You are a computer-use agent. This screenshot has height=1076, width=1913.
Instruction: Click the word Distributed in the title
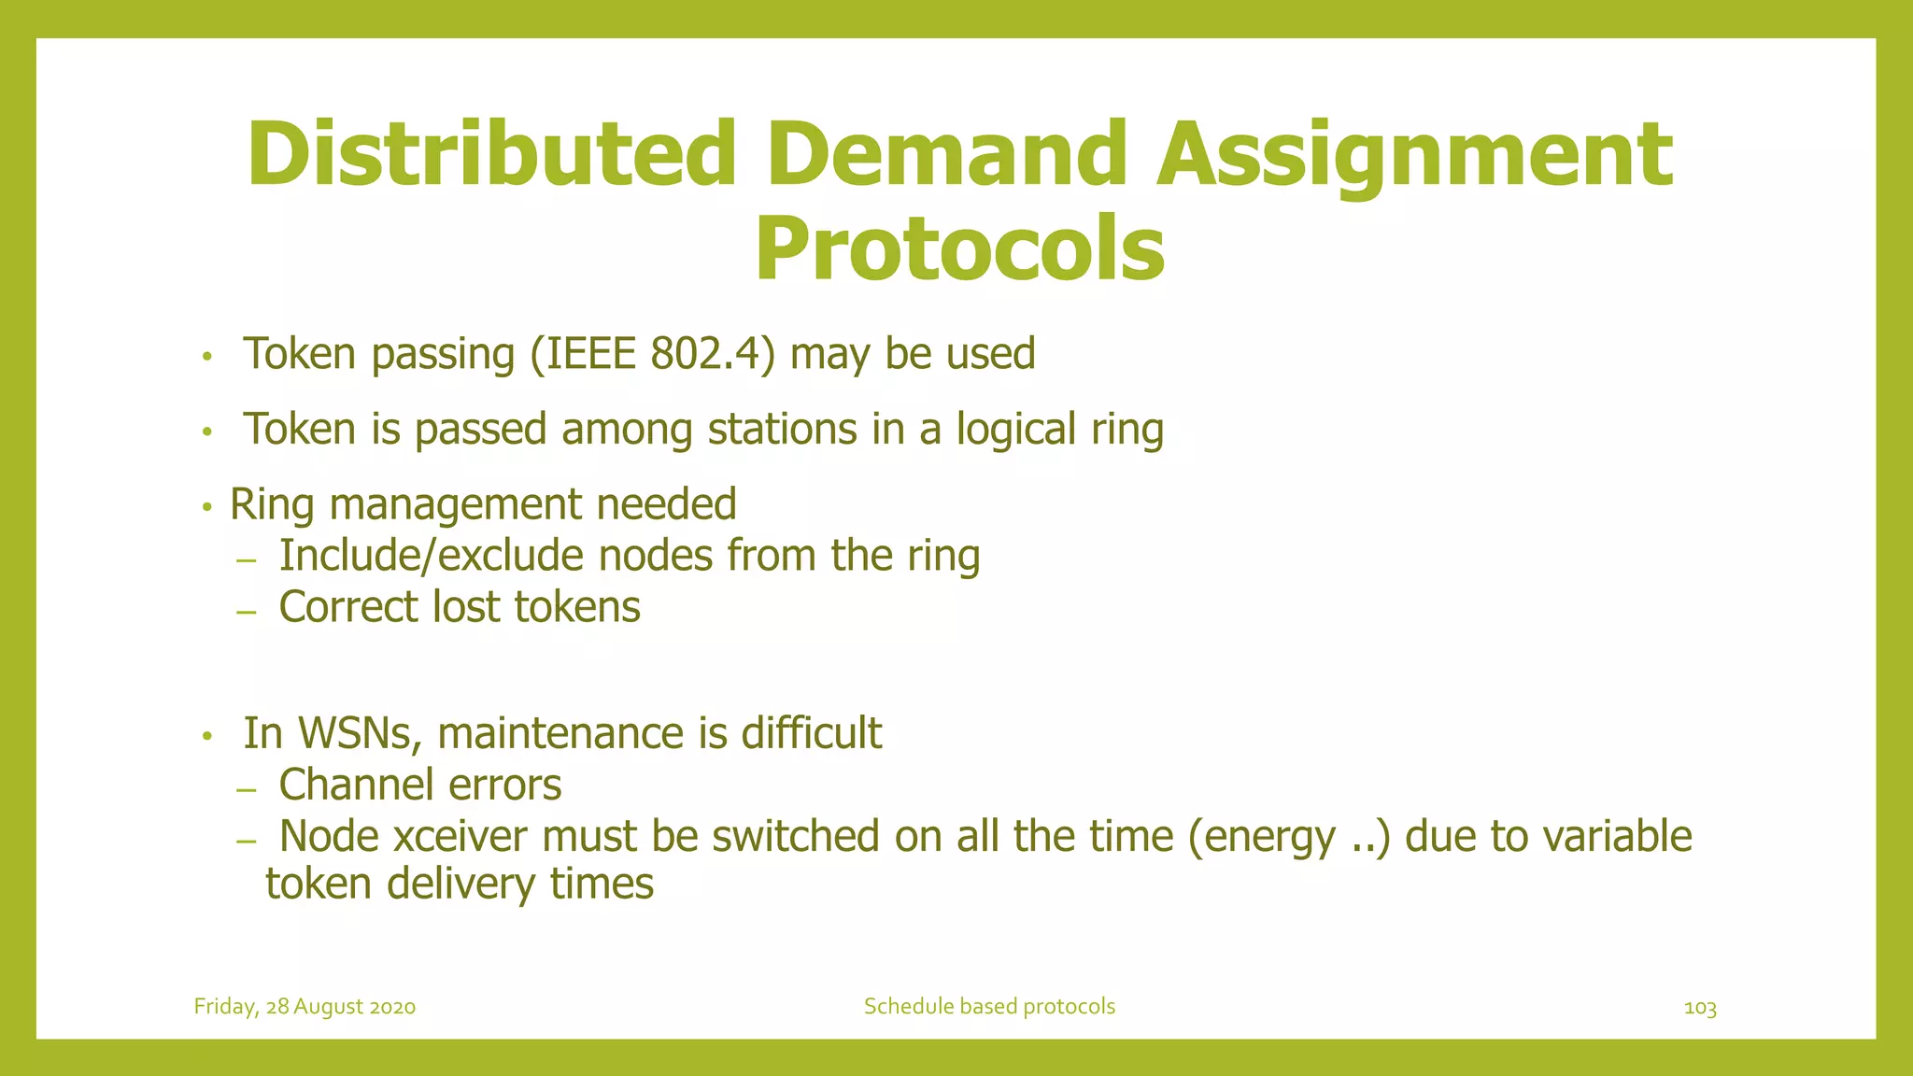(x=491, y=154)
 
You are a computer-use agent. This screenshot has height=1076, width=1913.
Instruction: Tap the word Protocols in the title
(x=959, y=249)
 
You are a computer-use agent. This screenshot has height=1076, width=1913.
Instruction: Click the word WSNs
(x=354, y=734)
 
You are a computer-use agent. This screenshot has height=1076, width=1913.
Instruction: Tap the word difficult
(x=811, y=733)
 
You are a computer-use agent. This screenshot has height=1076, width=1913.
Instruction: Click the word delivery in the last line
(x=461, y=884)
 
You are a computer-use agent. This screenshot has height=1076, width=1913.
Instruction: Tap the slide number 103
(x=1699, y=1008)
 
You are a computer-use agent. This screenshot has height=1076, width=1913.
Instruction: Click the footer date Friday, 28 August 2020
(x=305, y=1007)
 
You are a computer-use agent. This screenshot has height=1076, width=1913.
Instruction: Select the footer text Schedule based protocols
(x=989, y=1007)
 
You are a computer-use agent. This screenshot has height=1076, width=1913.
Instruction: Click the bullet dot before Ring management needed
(x=208, y=508)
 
